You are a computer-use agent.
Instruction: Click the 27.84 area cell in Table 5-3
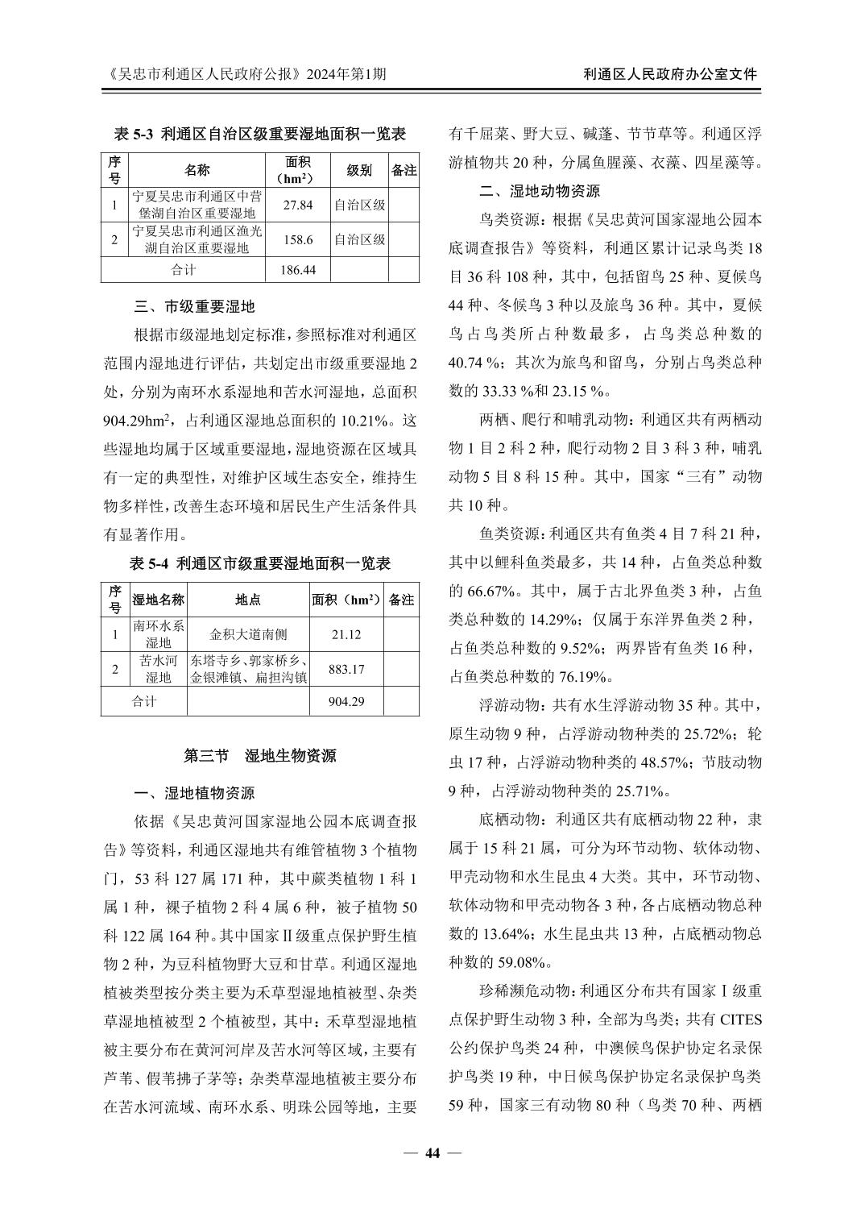298,205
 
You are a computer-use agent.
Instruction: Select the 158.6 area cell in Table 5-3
298,239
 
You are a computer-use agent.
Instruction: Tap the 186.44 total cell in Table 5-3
298,270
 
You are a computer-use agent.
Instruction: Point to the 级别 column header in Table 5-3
359,171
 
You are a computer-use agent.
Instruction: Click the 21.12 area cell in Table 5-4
346,635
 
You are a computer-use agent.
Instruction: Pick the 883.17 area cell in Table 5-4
346,669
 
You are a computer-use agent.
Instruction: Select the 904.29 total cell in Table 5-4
346,701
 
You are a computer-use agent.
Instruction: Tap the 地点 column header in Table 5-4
248,600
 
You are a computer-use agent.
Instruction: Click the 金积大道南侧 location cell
248,635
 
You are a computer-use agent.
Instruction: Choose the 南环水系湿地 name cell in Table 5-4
159,634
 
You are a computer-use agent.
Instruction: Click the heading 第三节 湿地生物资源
260,756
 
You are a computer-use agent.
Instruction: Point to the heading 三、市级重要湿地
194,306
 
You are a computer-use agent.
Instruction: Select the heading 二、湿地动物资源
539,191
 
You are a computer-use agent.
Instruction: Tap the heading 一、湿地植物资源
194,793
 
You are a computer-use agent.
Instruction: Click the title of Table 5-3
260,134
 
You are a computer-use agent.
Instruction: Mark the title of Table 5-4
260,563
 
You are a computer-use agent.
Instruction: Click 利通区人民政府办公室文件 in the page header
670,74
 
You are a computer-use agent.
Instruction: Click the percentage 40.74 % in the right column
474,363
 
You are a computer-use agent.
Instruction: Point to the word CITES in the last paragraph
740,1019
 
